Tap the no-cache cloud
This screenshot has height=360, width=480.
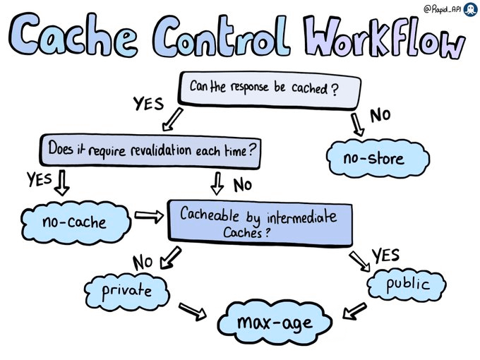[75, 223]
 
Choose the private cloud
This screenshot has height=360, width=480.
[128, 289]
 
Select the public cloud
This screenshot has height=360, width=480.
[407, 284]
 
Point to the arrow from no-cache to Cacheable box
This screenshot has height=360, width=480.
[147, 217]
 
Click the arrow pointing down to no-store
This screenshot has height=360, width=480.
[357, 124]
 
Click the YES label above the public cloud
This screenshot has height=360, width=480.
[386, 256]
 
